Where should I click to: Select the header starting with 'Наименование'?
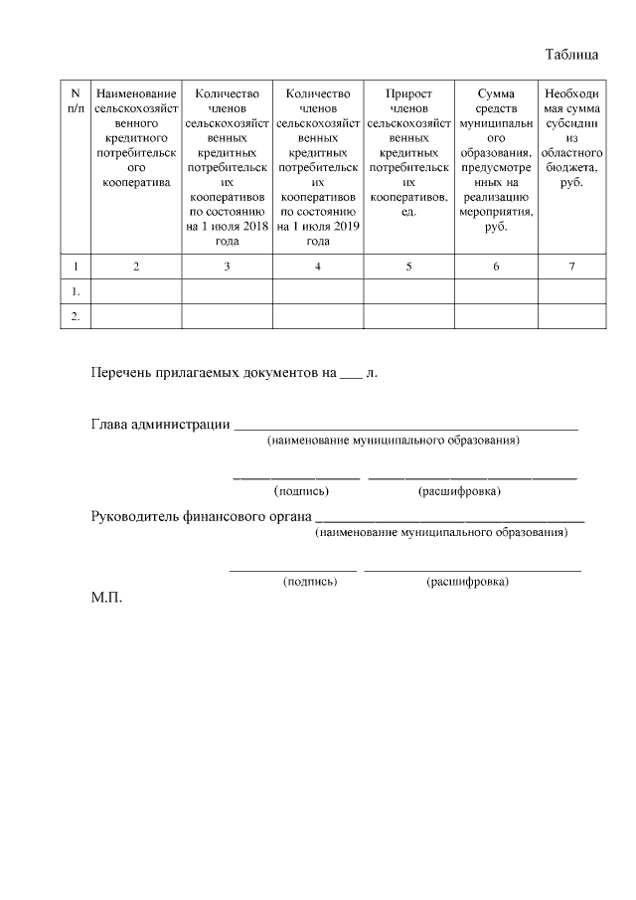point(135,137)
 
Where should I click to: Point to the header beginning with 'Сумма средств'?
point(496,160)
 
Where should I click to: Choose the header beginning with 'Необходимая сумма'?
point(570,137)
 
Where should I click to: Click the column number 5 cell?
point(408,267)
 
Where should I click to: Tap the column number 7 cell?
point(570,267)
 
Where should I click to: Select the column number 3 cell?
point(227,267)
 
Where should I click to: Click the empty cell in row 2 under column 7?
point(570,316)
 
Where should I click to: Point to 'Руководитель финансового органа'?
point(200,517)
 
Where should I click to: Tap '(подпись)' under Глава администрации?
point(301,490)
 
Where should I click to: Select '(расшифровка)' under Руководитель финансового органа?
point(467,582)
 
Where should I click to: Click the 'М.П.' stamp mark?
point(106,599)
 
